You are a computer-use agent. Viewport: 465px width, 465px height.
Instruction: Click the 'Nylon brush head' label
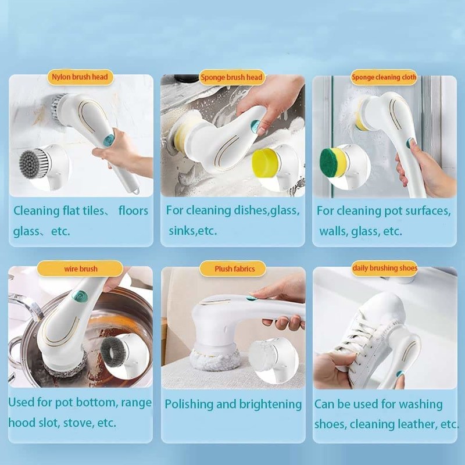[x=80, y=77]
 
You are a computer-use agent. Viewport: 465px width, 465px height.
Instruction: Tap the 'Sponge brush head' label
[x=231, y=77]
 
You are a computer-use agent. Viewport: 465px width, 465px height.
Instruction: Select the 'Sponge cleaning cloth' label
[x=384, y=77]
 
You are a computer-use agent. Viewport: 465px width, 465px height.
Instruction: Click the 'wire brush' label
[x=81, y=269]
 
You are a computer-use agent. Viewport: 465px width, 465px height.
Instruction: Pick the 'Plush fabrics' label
[x=235, y=269]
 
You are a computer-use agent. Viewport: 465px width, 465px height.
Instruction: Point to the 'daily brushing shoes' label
[x=385, y=268]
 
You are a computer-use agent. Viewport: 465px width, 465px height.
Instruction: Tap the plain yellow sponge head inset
[x=265, y=163]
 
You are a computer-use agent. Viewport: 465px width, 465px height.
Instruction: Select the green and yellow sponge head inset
[x=333, y=162]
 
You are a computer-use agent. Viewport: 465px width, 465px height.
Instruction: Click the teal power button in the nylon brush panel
[x=109, y=139]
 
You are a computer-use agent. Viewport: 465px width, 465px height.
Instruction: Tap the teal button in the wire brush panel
[x=80, y=296]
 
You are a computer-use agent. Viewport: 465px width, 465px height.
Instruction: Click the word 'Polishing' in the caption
[x=189, y=405]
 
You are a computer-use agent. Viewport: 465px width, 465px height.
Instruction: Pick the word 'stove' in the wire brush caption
[x=78, y=423]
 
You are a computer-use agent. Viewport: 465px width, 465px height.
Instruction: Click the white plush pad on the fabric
[x=214, y=359]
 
